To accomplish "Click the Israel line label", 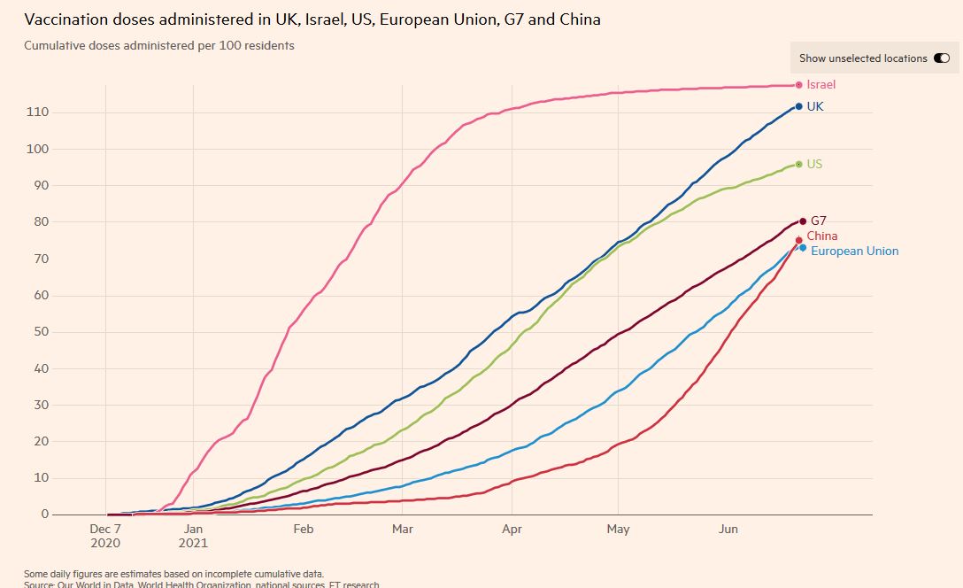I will (x=820, y=85).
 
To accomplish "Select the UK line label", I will (x=815, y=106).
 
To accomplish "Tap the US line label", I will (x=814, y=165).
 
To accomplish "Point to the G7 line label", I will (x=819, y=220).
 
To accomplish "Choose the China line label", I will (x=821, y=236).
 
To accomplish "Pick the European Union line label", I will (x=854, y=251).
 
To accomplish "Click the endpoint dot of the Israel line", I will (x=798, y=85).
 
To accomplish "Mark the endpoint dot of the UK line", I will (x=798, y=106).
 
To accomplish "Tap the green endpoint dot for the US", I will (x=798, y=164).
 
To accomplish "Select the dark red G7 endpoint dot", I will (x=803, y=220).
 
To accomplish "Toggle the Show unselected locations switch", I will (x=941, y=58).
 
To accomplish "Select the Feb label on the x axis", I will (x=303, y=530).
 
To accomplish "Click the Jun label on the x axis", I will (x=728, y=530).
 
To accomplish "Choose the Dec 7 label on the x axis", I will (x=105, y=530).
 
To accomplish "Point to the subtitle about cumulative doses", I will (x=159, y=45).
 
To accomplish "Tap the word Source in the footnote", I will (x=41, y=584).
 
